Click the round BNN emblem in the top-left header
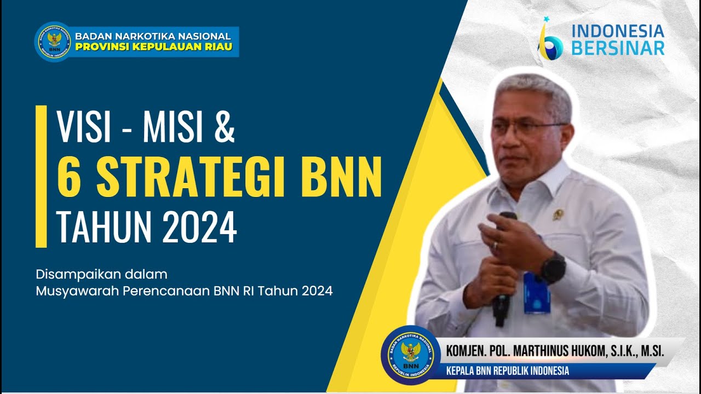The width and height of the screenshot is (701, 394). coord(53,41)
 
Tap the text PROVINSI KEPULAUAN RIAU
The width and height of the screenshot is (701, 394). coord(153,47)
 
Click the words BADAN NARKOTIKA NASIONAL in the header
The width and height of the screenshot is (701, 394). coord(153,36)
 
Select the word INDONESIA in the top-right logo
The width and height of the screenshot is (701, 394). coord(618,32)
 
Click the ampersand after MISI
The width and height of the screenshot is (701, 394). coord(225,127)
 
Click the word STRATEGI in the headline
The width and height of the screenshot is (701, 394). coord(191,177)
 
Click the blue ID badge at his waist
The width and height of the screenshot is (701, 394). coord(536,292)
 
